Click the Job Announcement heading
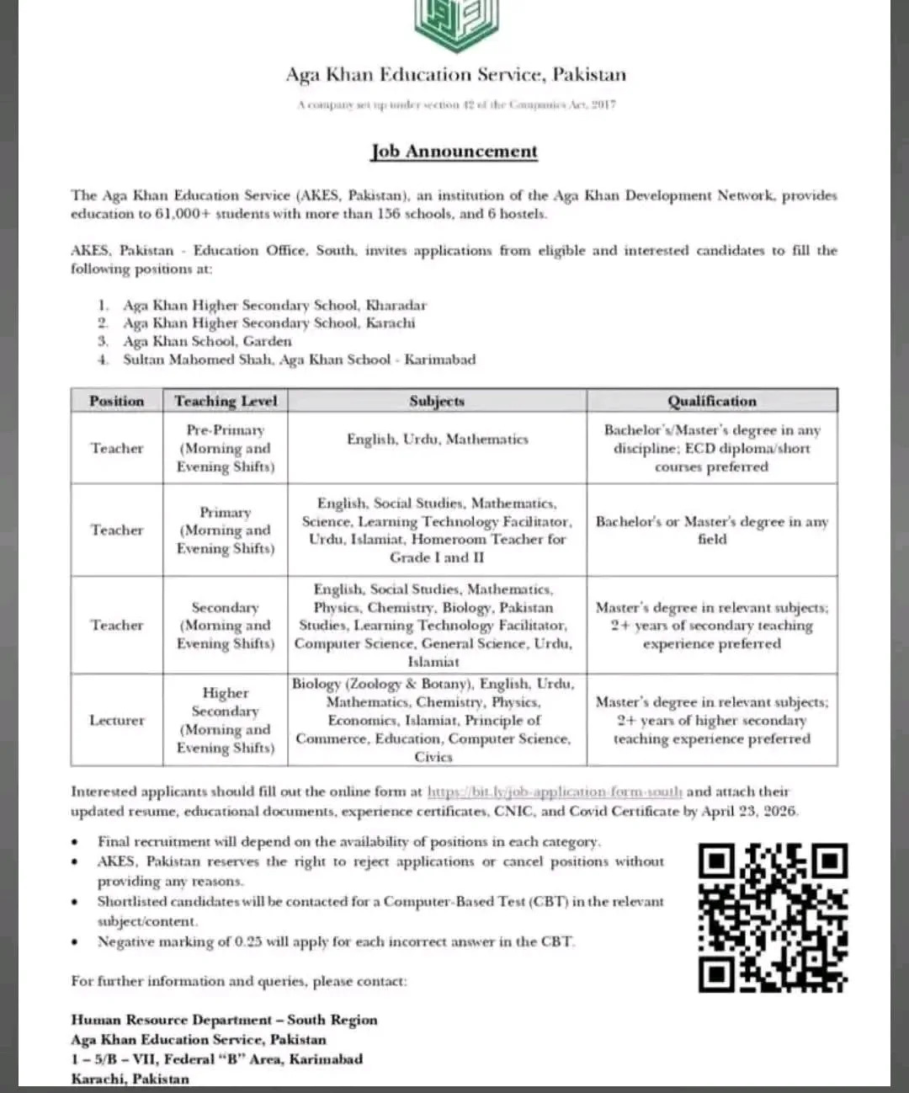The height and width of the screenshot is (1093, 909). [x=454, y=152]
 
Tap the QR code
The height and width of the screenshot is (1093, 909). [x=773, y=916]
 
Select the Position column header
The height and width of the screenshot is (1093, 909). [x=117, y=401]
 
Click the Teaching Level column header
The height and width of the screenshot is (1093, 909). [x=226, y=401]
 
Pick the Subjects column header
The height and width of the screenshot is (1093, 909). [x=437, y=401]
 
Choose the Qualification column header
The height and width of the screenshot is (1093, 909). [x=712, y=401]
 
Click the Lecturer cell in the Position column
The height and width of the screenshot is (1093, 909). [x=117, y=720]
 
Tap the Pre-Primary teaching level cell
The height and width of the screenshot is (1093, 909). [x=226, y=448]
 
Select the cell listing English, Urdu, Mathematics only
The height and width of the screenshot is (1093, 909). [x=437, y=439]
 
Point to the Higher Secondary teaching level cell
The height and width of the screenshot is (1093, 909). [x=226, y=720]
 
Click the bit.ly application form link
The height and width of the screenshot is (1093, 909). [x=555, y=792]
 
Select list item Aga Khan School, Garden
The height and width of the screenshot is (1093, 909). [x=207, y=341]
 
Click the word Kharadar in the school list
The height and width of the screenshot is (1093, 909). [x=396, y=305]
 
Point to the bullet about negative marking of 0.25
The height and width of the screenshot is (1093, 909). [x=336, y=941]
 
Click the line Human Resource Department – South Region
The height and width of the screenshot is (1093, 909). [x=224, y=1020]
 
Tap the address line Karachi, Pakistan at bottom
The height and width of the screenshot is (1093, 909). [x=130, y=1079]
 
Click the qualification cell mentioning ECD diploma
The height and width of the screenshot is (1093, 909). [x=712, y=448]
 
